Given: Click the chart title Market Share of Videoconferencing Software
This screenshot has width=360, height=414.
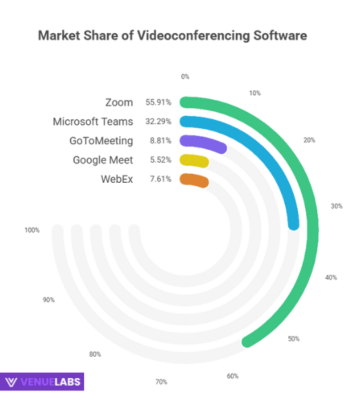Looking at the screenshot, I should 172,35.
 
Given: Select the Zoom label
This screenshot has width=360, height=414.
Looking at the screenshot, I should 119,102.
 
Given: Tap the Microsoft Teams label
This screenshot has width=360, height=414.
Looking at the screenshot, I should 93,121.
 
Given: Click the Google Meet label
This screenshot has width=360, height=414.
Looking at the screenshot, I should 103,160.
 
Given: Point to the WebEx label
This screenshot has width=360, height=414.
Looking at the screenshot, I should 117,179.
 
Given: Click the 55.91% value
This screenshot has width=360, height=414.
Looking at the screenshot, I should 158,102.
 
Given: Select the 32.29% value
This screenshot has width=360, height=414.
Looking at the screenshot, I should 158,121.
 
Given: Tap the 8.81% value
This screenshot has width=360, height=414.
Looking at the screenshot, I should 159,141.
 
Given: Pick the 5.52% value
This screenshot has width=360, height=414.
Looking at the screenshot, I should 159,160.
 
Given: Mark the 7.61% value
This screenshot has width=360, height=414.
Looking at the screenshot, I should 159,179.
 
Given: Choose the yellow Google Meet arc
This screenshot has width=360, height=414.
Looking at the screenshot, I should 194,161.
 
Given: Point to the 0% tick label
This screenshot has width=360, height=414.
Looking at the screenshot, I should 185,77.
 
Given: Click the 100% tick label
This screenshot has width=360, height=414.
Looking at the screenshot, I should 32,230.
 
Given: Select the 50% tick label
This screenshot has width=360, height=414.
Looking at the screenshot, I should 294,339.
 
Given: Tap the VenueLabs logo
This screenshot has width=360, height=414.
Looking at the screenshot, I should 43,382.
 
